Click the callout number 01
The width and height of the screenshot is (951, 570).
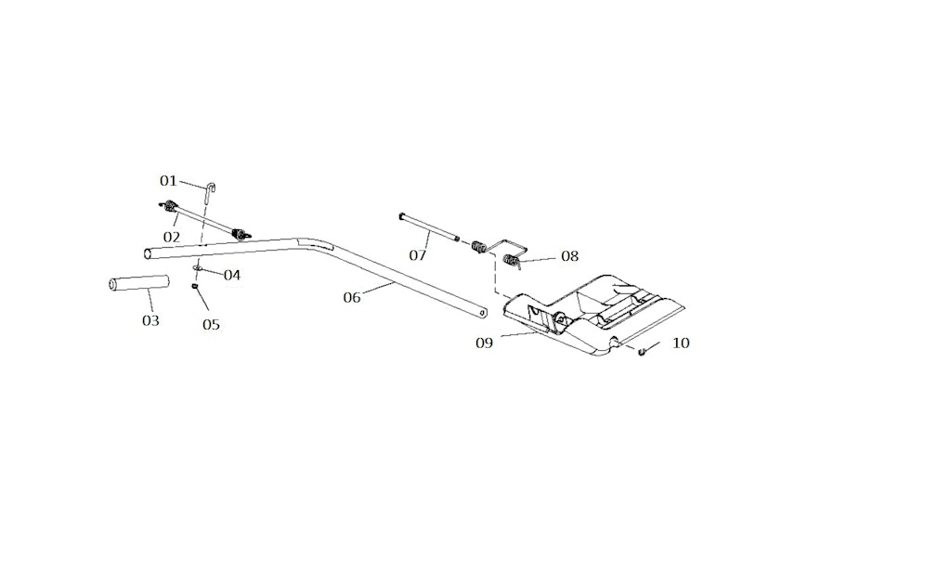pyautogui.click(x=168, y=180)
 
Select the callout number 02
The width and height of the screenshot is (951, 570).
pyautogui.click(x=172, y=237)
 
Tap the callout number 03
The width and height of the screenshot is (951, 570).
pyautogui.click(x=150, y=320)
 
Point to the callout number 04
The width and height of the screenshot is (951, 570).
pyautogui.click(x=231, y=275)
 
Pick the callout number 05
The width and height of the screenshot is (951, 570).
pyautogui.click(x=212, y=324)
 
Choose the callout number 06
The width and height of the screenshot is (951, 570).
pyautogui.click(x=352, y=297)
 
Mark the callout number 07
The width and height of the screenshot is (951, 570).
pyautogui.click(x=418, y=254)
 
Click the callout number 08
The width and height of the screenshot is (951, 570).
pyautogui.click(x=569, y=256)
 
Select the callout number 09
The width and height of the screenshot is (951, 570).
pyautogui.click(x=484, y=343)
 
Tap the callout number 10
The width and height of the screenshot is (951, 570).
pyautogui.click(x=681, y=343)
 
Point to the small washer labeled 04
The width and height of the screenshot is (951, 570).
pyautogui.click(x=198, y=268)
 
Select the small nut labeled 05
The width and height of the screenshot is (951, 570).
pyautogui.click(x=195, y=286)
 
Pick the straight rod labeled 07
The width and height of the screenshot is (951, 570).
pyautogui.click(x=429, y=227)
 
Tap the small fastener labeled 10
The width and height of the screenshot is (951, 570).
pyautogui.click(x=642, y=350)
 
